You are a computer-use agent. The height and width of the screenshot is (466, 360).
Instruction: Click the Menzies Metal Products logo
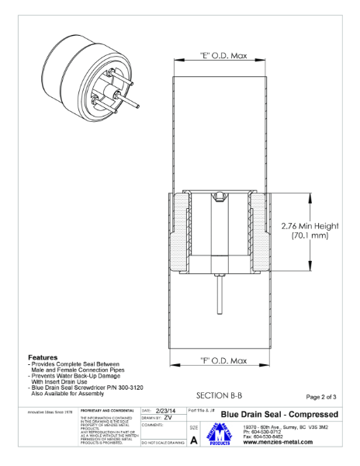point(224,436)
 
